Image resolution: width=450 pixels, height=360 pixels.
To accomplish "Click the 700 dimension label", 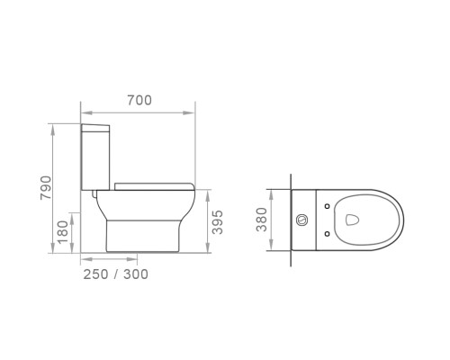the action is (139, 100).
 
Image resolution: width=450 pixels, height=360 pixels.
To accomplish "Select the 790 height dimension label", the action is (46, 188).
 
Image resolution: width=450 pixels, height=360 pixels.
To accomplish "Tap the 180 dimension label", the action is (63, 232).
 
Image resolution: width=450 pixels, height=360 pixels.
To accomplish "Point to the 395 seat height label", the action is (218, 222).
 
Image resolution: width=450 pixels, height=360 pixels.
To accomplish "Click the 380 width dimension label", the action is (262, 220).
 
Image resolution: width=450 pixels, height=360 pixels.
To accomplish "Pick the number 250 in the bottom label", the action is (95, 274).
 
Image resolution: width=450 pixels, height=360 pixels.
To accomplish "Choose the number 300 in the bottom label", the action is (136, 274).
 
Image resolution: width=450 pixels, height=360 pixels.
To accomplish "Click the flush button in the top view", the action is (301, 220).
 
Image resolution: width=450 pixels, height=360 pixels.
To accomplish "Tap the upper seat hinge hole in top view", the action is (328, 206).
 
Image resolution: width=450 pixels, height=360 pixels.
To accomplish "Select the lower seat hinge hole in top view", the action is (328, 234).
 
